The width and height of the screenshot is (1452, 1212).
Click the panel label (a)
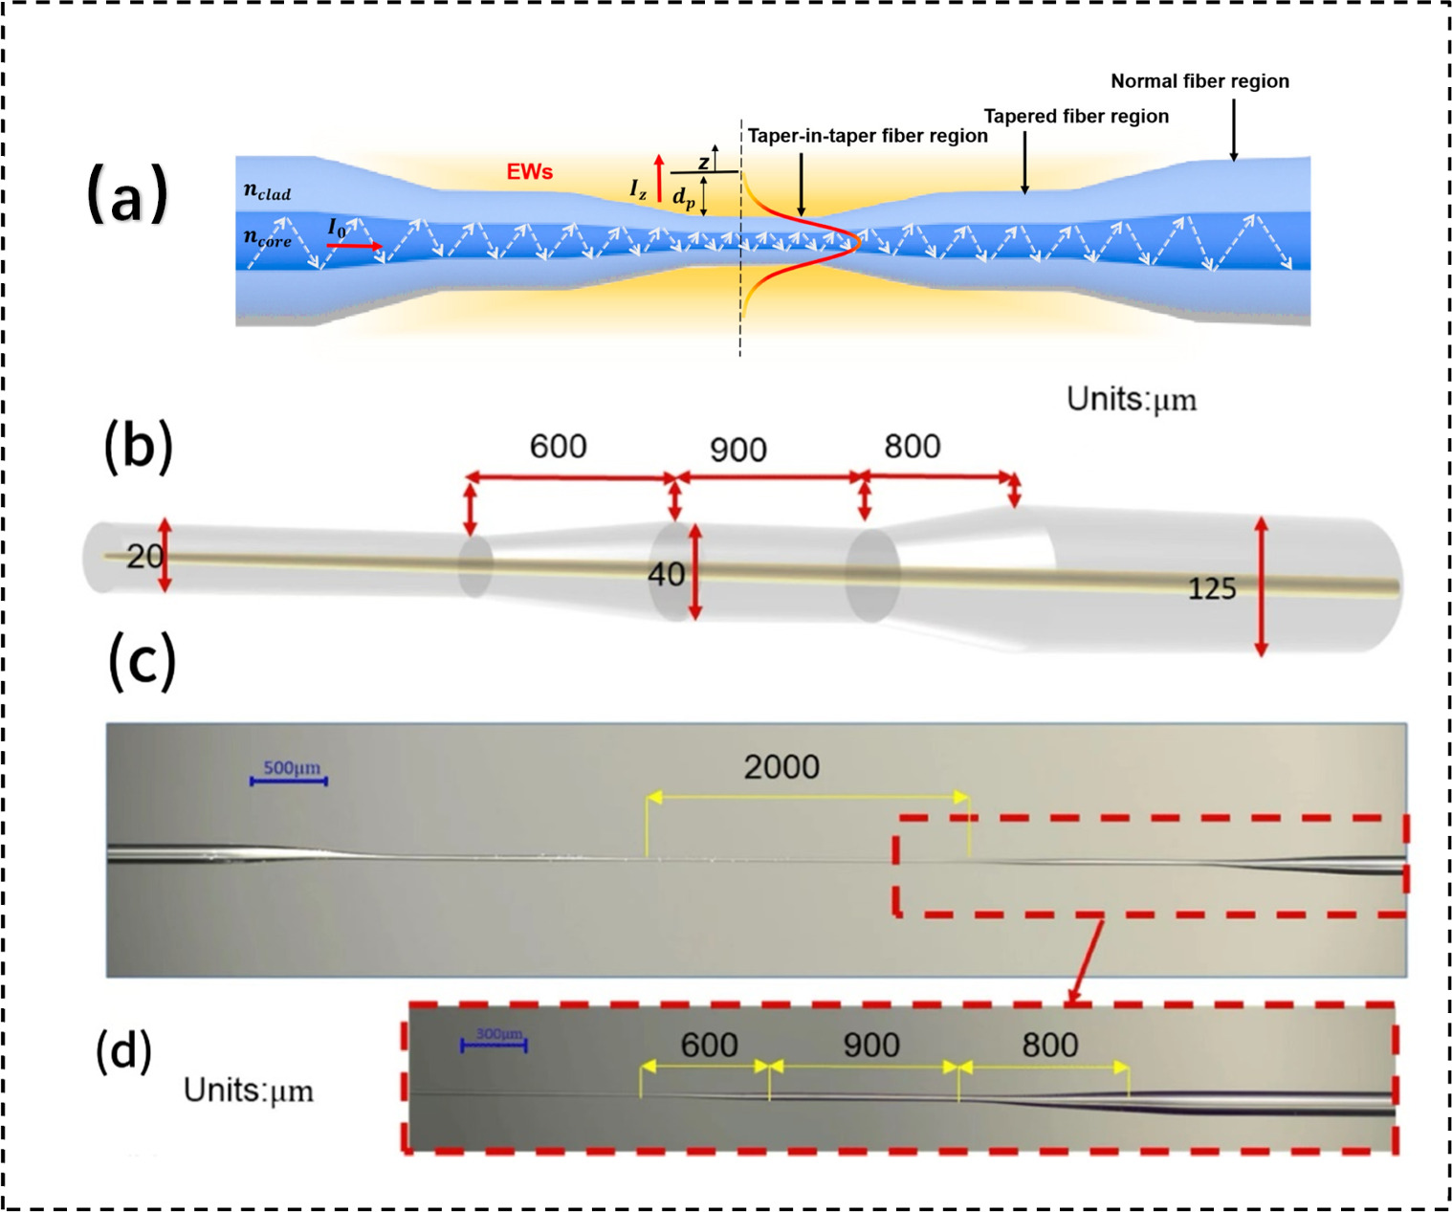[x=127, y=194]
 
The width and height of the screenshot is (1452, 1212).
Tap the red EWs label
[x=530, y=172]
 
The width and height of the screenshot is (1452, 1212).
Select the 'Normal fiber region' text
[x=1199, y=81]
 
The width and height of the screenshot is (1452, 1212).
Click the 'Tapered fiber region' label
[x=1076, y=117]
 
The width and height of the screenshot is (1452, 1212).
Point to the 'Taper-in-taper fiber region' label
[x=868, y=136]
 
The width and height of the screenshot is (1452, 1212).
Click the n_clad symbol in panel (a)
[x=267, y=192]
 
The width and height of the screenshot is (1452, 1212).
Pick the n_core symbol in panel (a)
[x=267, y=238]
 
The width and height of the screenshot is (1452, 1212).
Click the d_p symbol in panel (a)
[x=683, y=198]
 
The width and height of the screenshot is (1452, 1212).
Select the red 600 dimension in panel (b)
[x=558, y=447]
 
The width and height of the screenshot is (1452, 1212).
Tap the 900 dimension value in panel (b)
[x=737, y=450]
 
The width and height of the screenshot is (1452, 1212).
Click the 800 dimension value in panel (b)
[x=912, y=447]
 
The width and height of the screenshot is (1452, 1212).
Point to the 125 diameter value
[x=1211, y=589]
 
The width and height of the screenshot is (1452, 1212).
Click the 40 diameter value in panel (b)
[x=666, y=575]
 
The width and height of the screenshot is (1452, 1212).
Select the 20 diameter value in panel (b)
[x=144, y=556]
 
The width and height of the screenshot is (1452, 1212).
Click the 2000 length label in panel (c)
[x=781, y=767]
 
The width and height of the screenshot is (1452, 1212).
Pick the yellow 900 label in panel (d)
[x=870, y=1046]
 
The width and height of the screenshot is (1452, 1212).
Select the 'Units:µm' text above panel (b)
[x=1132, y=399]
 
